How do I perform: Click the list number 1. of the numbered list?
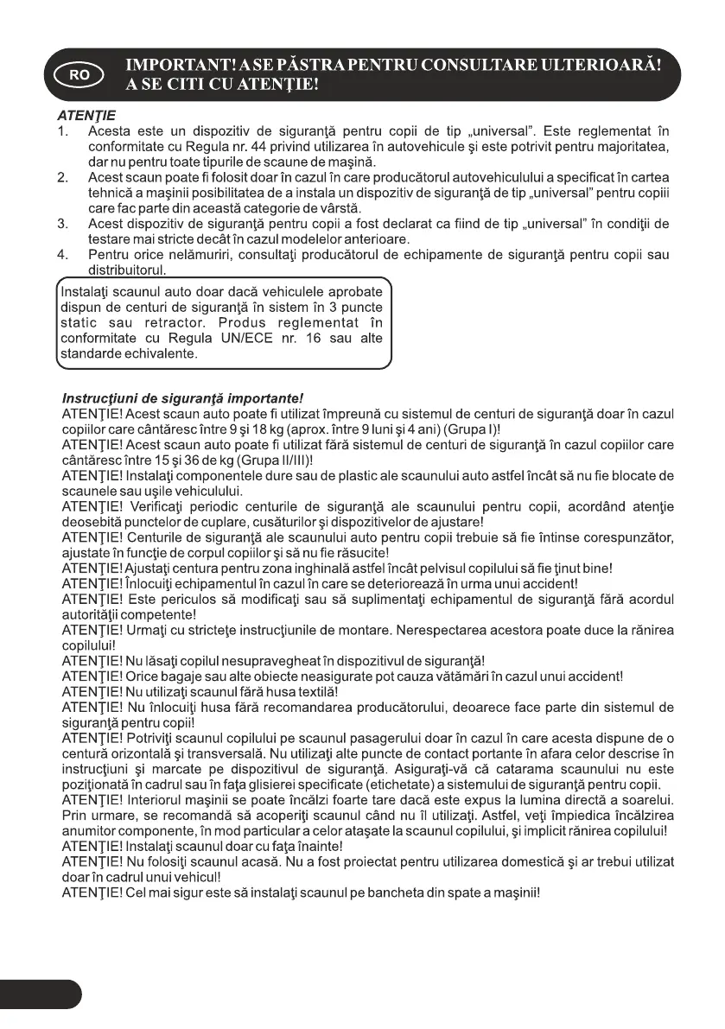[x=62, y=131]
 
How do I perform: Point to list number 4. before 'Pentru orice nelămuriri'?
[x=62, y=255]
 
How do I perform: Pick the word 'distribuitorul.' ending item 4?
[x=127, y=270]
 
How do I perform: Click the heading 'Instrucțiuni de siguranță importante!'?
[x=183, y=398]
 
